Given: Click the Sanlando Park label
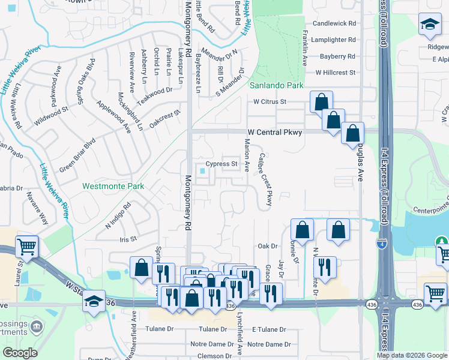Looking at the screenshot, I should [277, 85].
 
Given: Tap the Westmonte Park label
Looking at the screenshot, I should [113, 186].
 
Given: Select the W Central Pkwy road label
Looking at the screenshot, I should [274, 132].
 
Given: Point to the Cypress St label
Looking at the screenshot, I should [222, 163].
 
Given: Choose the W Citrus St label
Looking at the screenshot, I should [270, 101].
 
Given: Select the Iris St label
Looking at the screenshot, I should [128, 238].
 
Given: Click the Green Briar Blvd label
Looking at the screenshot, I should [77, 155].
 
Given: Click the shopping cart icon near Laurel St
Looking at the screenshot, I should [26, 246].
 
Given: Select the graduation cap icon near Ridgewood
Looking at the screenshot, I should [429, 25].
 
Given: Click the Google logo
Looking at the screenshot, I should [20, 353].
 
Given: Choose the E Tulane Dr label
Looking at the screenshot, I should [271, 329].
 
